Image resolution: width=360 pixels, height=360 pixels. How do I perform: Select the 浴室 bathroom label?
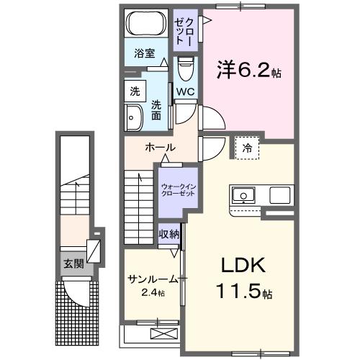coord(145,53)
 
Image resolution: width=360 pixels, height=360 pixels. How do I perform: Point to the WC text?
coord(185,91)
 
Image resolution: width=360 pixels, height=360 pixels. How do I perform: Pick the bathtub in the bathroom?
coord(145,24)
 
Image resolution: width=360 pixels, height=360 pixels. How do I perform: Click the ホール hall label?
coord(159,148)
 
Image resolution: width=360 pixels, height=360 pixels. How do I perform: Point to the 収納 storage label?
coord(169,234)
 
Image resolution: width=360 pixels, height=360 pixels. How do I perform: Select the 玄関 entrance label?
coord(73,264)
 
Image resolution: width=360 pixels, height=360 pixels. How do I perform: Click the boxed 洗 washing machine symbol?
coord(135,91)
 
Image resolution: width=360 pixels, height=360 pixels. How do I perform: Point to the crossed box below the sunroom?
coord(163,334)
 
